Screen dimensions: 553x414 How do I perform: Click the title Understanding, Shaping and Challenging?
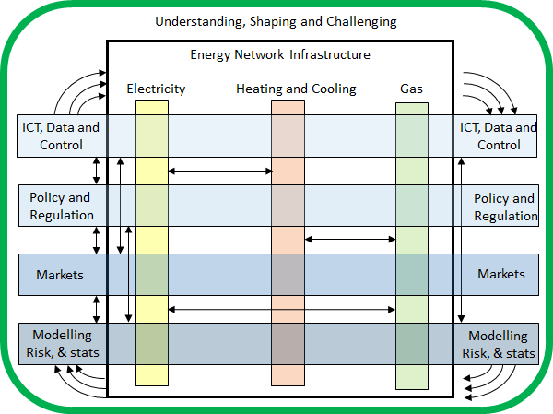(276, 22)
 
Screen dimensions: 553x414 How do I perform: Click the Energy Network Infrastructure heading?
(280, 54)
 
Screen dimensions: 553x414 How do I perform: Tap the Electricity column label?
(156, 89)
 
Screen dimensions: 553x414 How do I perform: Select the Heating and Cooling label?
(296, 89)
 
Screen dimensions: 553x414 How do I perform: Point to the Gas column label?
(411, 89)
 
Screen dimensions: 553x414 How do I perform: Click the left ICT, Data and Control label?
(61, 136)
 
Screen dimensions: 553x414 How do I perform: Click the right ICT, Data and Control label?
(498, 136)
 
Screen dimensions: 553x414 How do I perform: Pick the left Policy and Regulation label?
(62, 206)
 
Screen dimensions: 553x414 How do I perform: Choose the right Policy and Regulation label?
(505, 207)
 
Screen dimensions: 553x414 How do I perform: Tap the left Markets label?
(60, 275)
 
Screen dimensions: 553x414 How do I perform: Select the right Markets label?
(501, 274)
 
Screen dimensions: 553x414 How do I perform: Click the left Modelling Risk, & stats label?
(63, 343)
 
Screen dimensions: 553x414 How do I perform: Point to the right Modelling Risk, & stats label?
(499, 345)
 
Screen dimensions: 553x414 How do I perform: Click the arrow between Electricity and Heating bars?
(220, 172)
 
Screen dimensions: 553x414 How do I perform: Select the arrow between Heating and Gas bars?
(350, 240)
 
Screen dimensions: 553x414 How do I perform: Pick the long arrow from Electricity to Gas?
(281, 310)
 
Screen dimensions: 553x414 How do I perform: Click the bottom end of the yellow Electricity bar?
(152, 385)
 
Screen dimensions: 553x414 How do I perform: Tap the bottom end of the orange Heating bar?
(288, 385)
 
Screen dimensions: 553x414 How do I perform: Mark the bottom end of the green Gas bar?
(412, 388)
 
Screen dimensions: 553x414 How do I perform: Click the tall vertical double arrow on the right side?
(461, 241)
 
